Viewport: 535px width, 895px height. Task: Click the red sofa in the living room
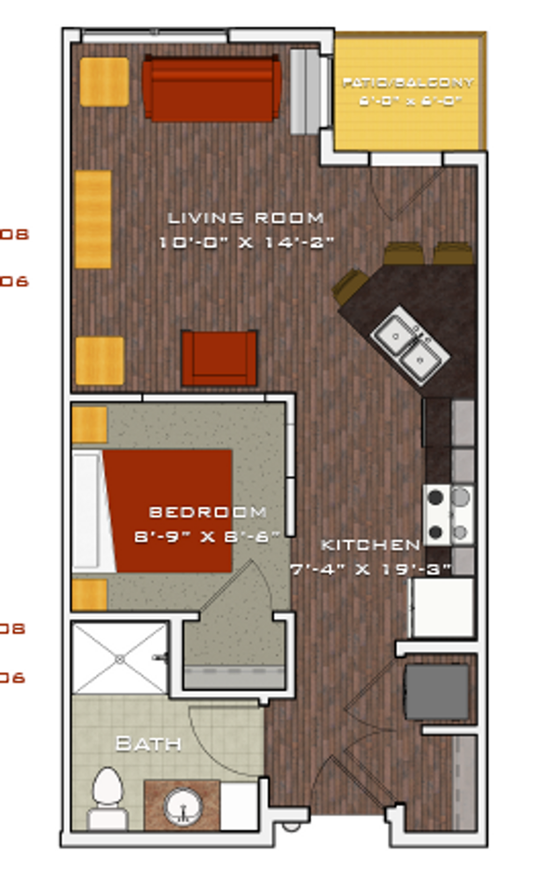(211, 89)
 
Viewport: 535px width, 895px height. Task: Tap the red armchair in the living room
(219, 358)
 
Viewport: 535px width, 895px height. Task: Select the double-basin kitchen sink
(410, 341)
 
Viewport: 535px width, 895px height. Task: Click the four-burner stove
(448, 515)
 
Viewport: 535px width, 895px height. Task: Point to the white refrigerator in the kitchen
(442, 607)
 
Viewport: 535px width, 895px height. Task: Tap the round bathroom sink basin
(182, 805)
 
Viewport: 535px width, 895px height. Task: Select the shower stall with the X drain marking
(119, 658)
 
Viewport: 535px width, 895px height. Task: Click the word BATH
(147, 744)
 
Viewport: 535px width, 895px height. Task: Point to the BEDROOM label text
(208, 512)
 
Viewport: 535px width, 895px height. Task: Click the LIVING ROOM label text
(246, 218)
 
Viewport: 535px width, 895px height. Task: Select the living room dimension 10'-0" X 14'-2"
(246, 242)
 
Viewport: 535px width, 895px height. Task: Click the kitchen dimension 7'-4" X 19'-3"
(370, 568)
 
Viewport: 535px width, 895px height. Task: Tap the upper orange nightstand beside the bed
(89, 424)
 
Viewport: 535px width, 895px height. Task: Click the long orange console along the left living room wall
(93, 219)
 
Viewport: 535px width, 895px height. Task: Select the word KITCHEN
(371, 544)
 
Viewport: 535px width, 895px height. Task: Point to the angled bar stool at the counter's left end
(350, 285)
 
